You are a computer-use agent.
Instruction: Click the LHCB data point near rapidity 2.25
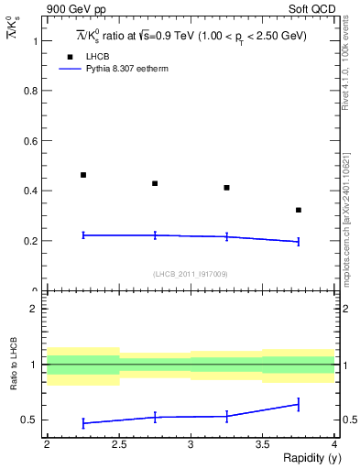tap(83, 175)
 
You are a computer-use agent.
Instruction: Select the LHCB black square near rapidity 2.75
tap(155, 183)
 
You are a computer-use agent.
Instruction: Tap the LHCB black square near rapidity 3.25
tap(226, 188)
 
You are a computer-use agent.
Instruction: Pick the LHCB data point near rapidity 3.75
tap(299, 210)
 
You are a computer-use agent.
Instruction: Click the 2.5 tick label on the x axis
tap(118, 444)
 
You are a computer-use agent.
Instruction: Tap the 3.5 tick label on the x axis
tap(262, 444)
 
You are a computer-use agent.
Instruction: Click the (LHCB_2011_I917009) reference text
tap(191, 274)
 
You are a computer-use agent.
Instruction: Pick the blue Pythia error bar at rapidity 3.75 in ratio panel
tap(299, 404)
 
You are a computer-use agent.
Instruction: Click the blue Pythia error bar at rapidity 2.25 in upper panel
tap(83, 235)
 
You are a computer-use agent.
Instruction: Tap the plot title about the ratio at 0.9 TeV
tap(191, 35)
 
